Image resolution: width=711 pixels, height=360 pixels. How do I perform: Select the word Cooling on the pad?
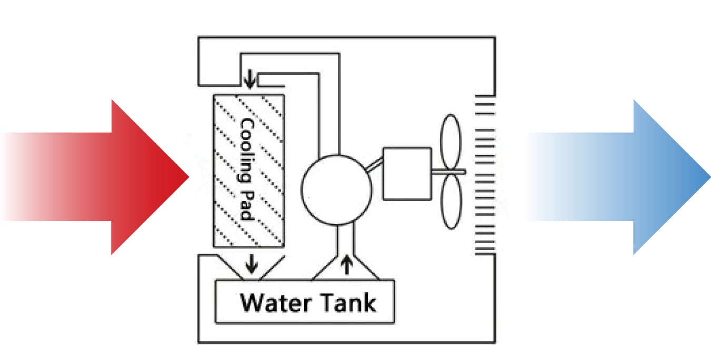pyautogui.click(x=247, y=150)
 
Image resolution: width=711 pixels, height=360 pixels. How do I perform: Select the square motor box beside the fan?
pyautogui.click(x=407, y=173)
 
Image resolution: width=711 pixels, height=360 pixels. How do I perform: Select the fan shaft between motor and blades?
pyautogui.click(x=448, y=172)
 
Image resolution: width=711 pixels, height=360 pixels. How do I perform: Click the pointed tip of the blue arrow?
pyautogui.click(x=708, y=177)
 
